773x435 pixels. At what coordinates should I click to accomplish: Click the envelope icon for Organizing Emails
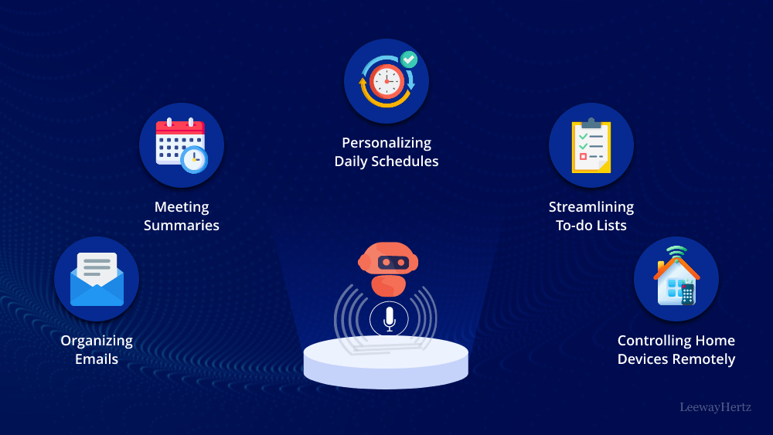(97, 279)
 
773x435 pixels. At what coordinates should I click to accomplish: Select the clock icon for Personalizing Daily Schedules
(386, 80)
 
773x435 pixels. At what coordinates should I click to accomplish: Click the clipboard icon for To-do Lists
(591, 145)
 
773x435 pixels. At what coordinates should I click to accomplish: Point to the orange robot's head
(388, 262)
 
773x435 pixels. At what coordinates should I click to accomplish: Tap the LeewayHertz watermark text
(715, 406)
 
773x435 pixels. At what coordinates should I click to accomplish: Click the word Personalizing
(386, 143)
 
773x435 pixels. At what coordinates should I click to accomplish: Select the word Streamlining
(591, 207)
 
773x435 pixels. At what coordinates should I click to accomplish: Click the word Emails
(97, 359)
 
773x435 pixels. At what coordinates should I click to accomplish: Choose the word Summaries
(182, 226)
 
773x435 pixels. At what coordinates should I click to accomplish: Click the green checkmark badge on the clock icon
(409, 59)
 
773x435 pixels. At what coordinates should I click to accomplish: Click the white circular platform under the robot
(386, 363)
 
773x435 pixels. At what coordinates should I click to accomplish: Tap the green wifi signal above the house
(676, 252)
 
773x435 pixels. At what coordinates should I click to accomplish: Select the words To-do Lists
(591, 226)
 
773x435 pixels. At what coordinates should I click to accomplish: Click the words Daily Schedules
(386, 161)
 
